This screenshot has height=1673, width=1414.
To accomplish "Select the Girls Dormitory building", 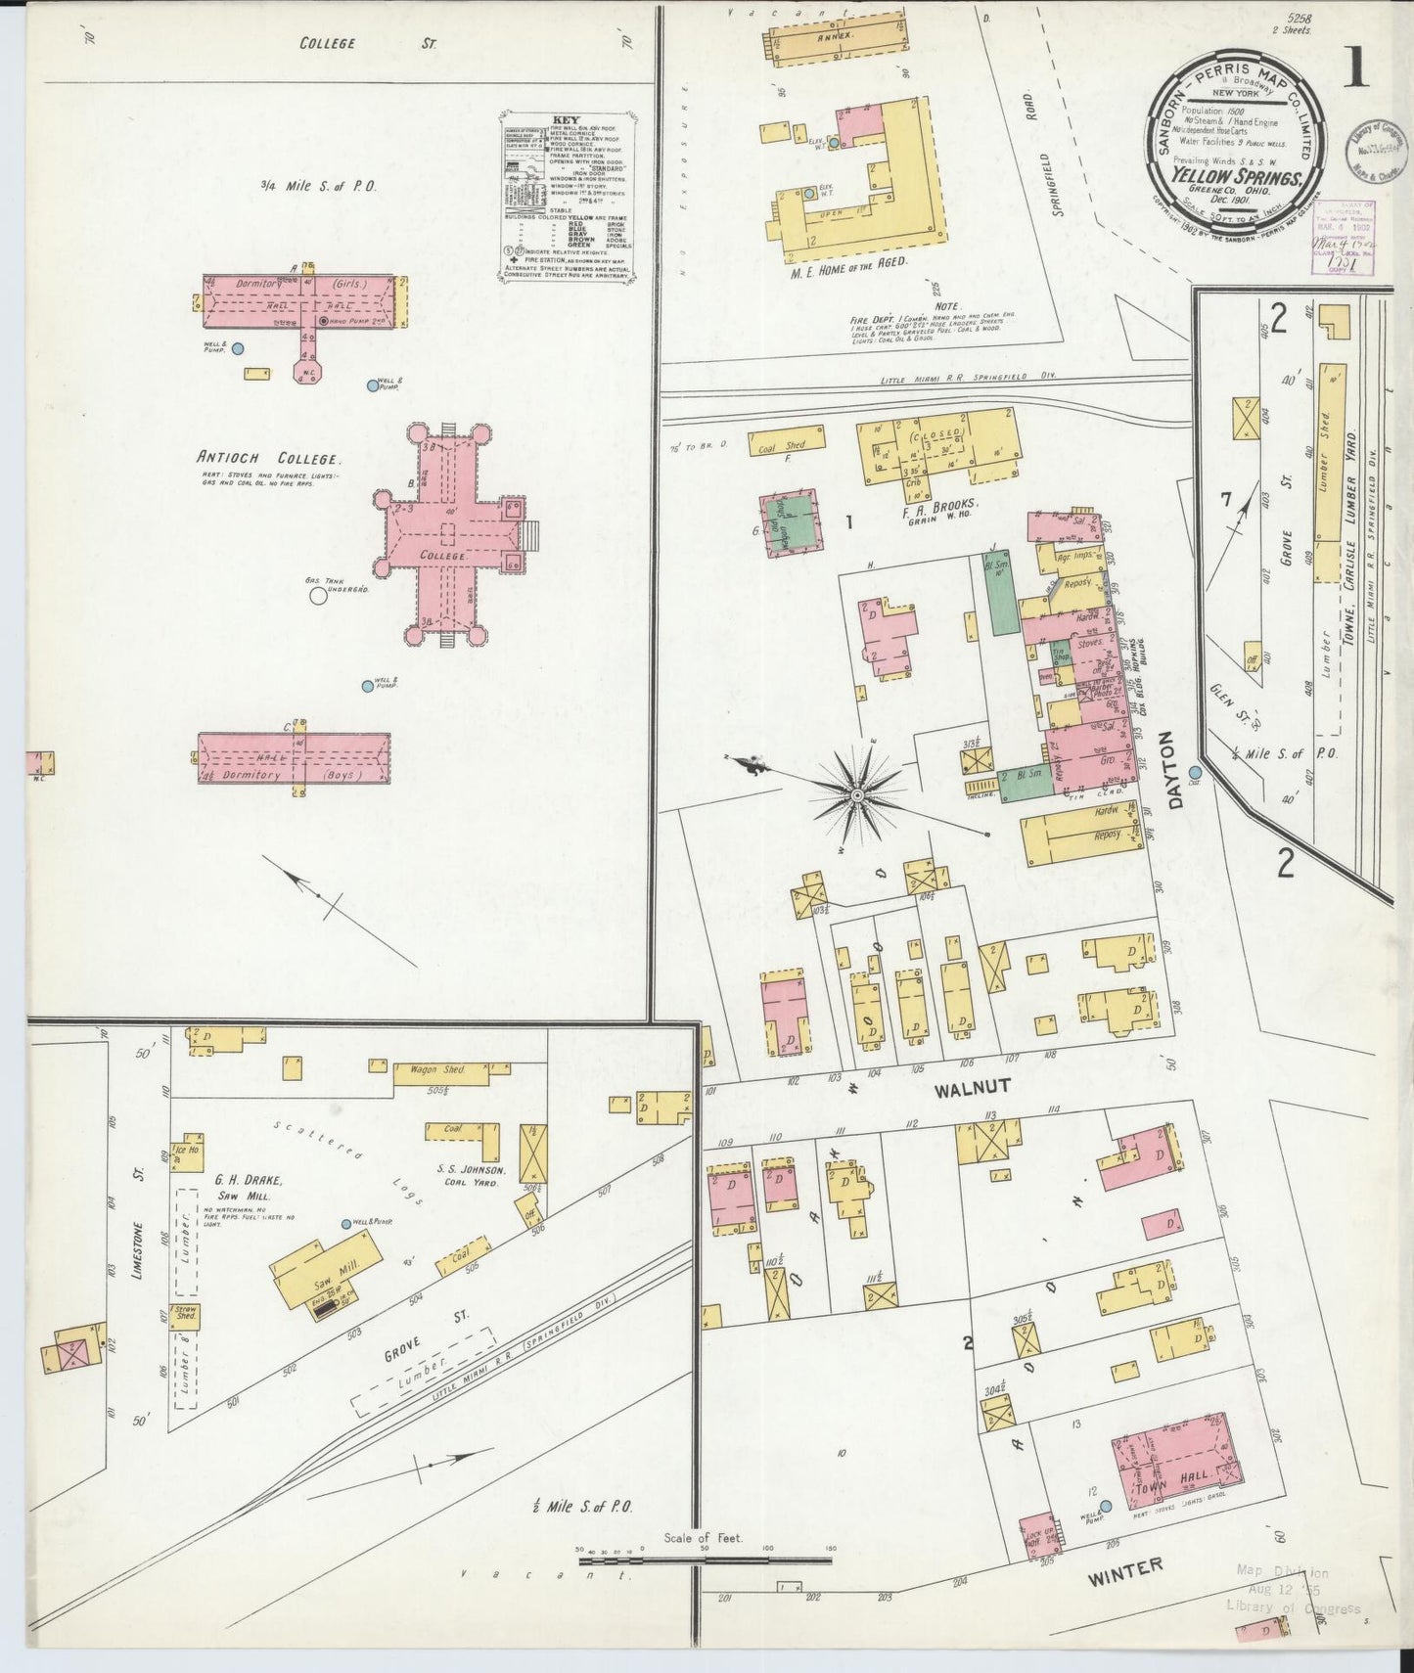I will (x=299, y=301).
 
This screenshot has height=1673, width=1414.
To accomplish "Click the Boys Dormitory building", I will (x=294, y=758).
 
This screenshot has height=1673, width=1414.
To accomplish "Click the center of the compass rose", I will (x=857, y=796).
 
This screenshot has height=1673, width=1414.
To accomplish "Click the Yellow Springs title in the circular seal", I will (x=1230, y=178).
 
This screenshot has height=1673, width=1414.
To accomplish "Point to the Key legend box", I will (x=567, y=196).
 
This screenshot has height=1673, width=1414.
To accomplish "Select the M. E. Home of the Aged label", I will (x=849, y=262).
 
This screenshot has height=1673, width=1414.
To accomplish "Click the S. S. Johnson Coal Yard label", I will (x=473, y=1175).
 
